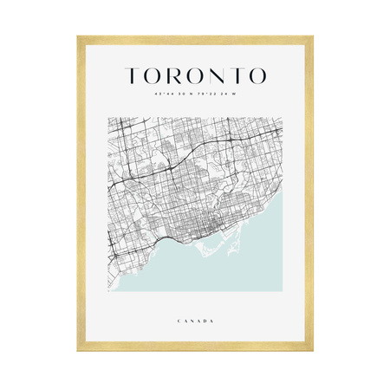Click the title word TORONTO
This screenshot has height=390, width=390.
click(195, 75)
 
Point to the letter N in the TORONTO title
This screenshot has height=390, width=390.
click(217, 75)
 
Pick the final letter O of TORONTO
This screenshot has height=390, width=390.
click(257, 75)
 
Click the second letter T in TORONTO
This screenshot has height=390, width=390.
click(237, 75)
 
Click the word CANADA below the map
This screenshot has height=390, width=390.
click(195, 321)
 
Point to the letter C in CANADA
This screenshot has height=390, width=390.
click(178, 321)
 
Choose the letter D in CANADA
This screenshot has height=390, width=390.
click(205, 321)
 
